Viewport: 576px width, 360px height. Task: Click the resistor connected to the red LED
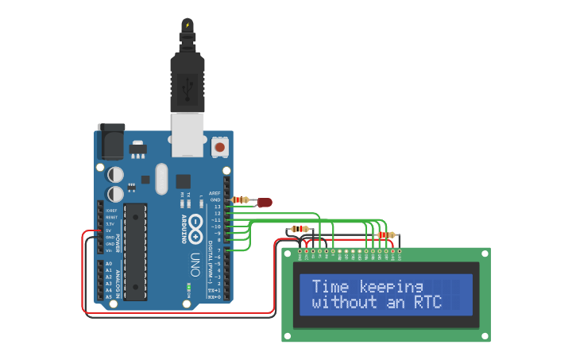pyautogui.click(x=242, y=199)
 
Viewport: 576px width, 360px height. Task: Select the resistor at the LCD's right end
pyautogui.click(x=387, y=235)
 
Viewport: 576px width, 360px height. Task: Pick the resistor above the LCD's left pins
pyautogui.click(x=300, y=230)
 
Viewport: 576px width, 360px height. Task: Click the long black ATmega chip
pyautogui.click(x=135, y=251)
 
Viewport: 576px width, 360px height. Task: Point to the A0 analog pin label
pyautogui.click(x=108, y=263)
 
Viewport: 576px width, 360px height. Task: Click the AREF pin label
pyautogui.click(x=215, y=193)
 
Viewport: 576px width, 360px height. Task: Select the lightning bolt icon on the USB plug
pyautogui.click(x=187, y=25)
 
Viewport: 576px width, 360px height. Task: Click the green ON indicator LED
pyautogui.click(x=189, y=285)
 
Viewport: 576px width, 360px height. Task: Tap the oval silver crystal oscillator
pyautogui.click(x=162, y=178)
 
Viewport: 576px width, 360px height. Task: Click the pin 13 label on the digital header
pyautogui.click(x=216, y=207)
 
